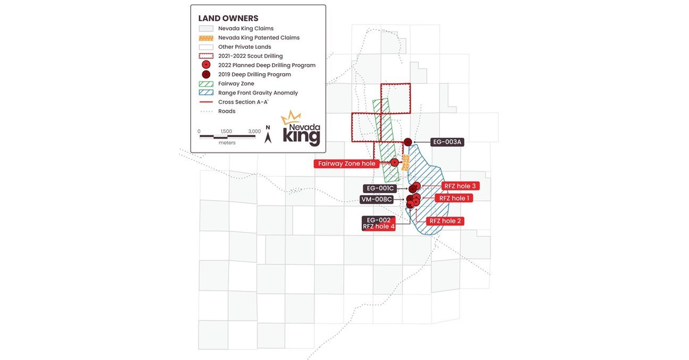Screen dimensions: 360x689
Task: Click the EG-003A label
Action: click(x=447, y=142)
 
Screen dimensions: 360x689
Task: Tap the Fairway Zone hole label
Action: click(x=346, y=164)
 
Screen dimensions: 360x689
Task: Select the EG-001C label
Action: click(x=380, y=188)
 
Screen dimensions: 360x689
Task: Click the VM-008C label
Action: click(x=377, y=200)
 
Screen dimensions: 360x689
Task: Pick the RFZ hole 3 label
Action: click(x=460, y=186)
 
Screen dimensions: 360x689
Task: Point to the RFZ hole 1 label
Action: click(x=453, y=198)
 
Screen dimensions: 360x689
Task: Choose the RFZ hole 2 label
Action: click(x=445, y=221)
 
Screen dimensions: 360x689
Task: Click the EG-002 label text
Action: click(x=379, y=220)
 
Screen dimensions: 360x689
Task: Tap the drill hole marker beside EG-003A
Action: click(x=408, y=142)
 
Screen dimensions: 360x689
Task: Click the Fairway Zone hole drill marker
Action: click(x=395, y=162)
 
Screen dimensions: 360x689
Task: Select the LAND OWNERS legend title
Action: click(x=228, y=19)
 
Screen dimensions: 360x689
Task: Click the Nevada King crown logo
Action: click(x=291, y=118)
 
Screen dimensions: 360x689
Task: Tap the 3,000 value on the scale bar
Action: click(x=254, y=131)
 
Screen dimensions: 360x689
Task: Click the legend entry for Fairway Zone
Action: click(x=236, y=83)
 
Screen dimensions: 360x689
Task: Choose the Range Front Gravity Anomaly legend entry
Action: click(x=258, y=93)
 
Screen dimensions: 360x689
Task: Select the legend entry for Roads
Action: click(x=227, y=112)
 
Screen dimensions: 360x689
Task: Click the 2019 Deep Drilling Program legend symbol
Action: click(x=206, y=74)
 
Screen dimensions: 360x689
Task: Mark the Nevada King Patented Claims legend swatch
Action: click(x=206, y=38)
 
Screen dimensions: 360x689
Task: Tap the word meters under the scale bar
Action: click(x=227, y=143)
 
